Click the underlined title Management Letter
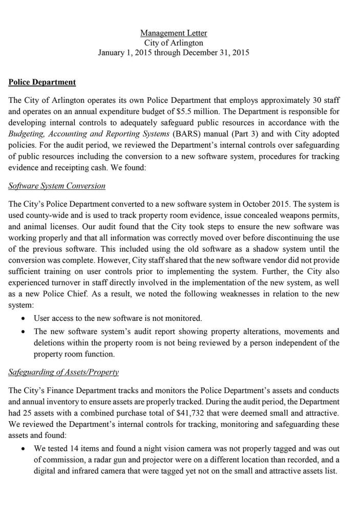[174, 33]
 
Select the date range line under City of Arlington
[174, 53]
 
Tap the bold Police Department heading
[42, 82]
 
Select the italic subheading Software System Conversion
[57, 185]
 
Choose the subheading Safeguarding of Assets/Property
[63, 372]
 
